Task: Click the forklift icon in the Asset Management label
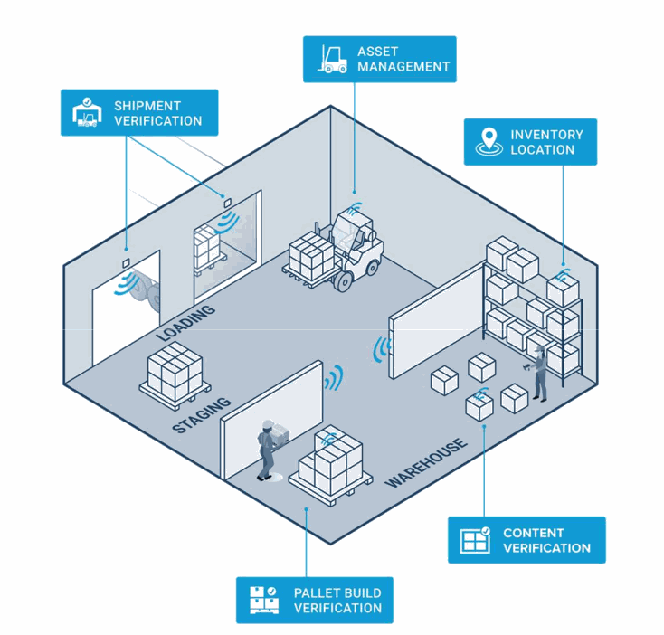pyautogui.click(x=332, y=59)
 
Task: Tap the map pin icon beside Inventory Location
pyautogui.click(x=489, y=142)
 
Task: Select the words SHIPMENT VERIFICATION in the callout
pyautogui.click(x=157, y=113)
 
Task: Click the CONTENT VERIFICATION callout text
pyautogui.click(x=546, y=540)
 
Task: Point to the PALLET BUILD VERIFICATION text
pyautogui.click(x=337, y=600)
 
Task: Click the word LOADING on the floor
pyautogui.click(x=185, y=323)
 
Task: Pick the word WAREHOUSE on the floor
pyautogui.click(x=426, y=462)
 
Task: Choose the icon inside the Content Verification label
pyautogui.click(x=474, y=540)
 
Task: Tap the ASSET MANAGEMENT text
pyautogui.click(x=403, y=59)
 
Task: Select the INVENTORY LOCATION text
pyautogui.click(x=546, y=142)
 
